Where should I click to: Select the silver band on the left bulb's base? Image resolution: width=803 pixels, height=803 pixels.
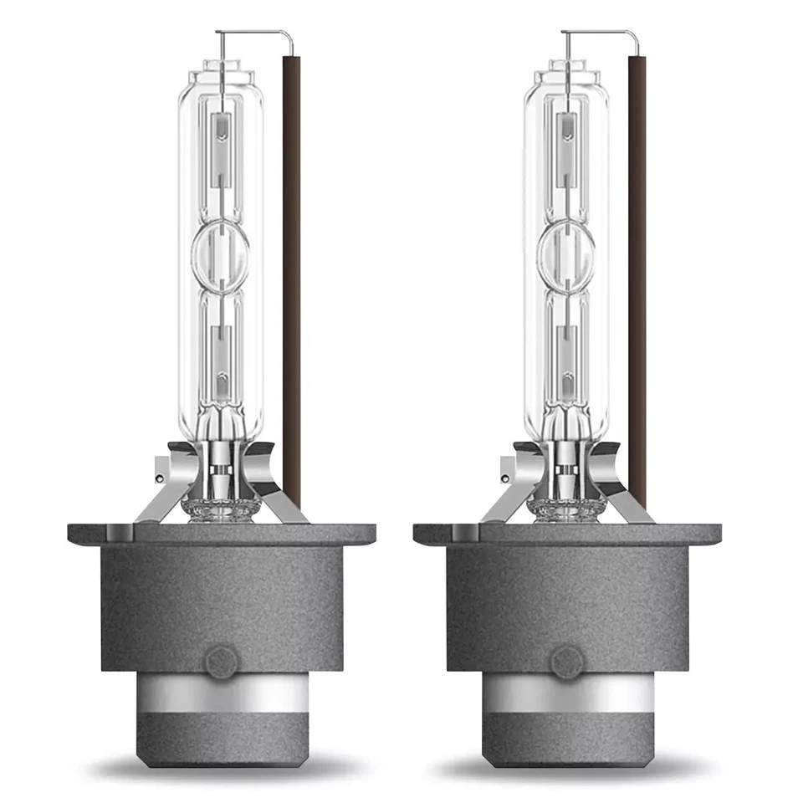[x=222, y=692]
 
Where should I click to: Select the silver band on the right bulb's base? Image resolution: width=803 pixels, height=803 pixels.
[x=567, y=692]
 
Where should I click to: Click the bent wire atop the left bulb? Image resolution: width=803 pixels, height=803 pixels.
[x=255, y=33]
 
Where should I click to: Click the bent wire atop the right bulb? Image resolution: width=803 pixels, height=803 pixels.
[x=601, y=33]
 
